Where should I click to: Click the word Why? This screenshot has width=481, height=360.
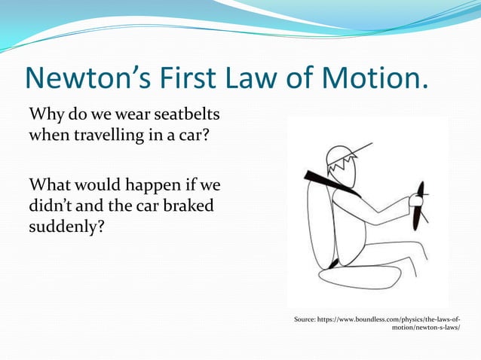pyautogui.click(x=46, y=117)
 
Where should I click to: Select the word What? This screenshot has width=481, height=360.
pyautogui.click(x=51, y=184)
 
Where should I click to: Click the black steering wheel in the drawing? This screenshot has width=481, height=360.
pyautogui.click(x=419, y=205)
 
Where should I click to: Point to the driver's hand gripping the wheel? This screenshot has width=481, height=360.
pyautogui.click(x=413, y=202)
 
